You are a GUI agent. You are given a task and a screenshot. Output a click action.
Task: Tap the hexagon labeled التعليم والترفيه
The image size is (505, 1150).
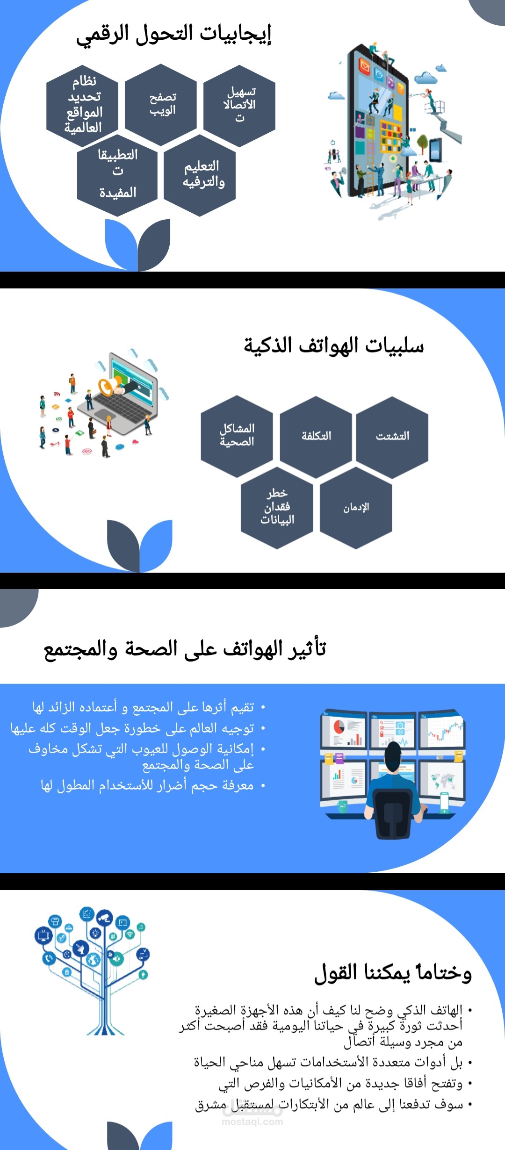click(x=200, y=175)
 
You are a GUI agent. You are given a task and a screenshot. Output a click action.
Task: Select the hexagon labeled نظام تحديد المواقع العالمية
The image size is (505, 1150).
click(x=82, y=104)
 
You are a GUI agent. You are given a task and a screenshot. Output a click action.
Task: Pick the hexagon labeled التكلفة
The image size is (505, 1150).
click(x=316, y=436)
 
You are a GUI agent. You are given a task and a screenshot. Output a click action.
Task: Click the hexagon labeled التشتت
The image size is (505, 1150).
click(x=392, y=436)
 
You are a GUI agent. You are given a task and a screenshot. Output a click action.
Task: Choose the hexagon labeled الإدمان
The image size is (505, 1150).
click(x=356, y=508)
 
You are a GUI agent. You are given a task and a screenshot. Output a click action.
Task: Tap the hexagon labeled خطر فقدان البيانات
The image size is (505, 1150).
click(x=277, y=508)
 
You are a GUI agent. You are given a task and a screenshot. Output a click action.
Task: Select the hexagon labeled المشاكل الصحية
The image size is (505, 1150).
click(x=237, y=436)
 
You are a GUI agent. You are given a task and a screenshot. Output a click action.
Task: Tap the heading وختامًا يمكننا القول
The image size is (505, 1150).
click(x=393, y=973)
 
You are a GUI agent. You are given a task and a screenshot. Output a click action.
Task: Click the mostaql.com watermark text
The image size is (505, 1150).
click(x=252, y=1121)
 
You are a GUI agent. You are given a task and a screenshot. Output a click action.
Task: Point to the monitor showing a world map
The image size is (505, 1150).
click(x=442, y=780)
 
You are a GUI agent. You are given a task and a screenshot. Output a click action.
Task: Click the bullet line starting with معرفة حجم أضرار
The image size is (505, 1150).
click(x=147, y=785)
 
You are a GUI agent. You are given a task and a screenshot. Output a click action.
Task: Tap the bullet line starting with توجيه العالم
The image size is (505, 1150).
click(x=133, y=728)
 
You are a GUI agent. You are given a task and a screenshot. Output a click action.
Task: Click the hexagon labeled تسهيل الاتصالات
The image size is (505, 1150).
click(x=239, y=104)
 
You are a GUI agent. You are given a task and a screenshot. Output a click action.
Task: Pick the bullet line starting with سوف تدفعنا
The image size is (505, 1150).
click(x=329, y=1104)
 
